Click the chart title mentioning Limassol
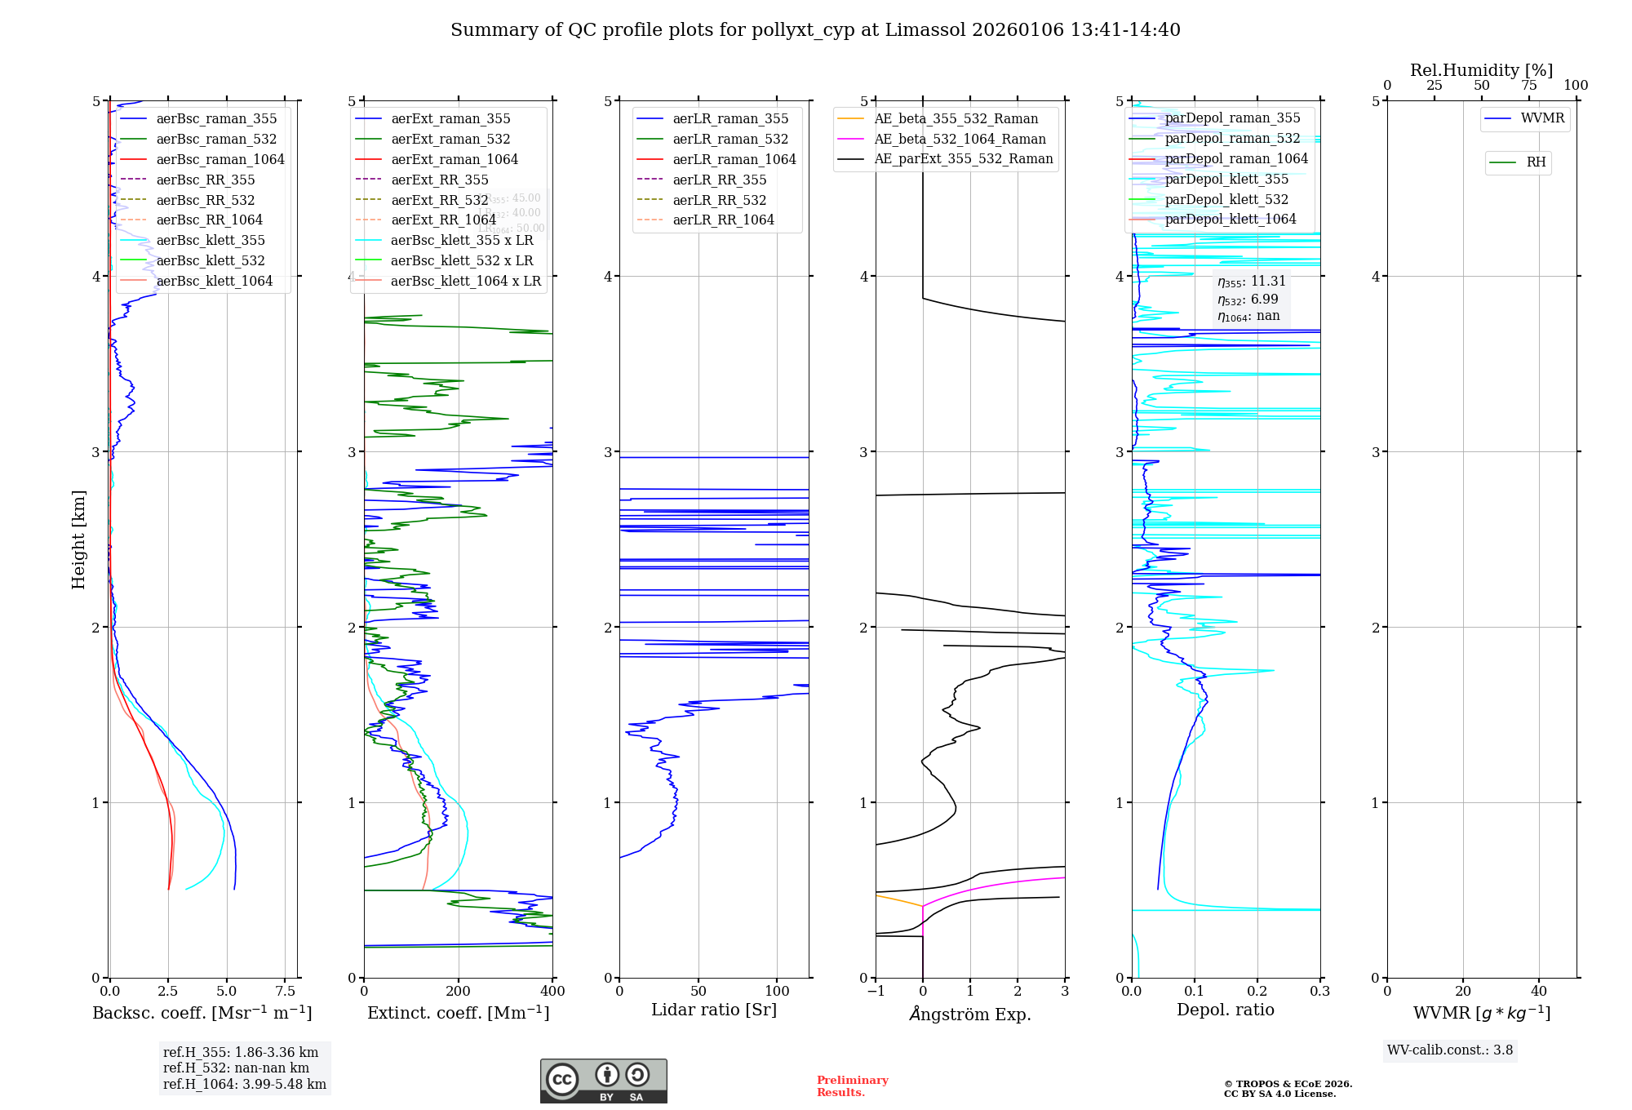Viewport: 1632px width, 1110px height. click(815, 30)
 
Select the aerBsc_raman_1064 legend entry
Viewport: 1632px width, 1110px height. click(220, 159)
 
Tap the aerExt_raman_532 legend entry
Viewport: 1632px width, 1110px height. click(450, 139)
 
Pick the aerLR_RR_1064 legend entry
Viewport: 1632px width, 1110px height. click(723, 220)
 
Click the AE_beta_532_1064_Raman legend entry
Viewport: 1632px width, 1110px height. click(960, 139)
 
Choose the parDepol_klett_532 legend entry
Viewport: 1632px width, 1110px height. click(1226, 199)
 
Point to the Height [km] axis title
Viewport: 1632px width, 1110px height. click(78, 539)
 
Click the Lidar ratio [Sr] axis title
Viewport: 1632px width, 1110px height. click(714, 1010)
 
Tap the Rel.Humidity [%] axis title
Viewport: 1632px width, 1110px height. click(1481, 70)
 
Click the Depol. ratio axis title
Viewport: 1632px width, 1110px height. click(1225, 1010)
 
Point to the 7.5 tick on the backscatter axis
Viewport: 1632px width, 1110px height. click(285, 991)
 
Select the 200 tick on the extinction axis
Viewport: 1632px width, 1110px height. click(459, 991)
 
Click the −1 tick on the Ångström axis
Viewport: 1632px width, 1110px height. click(876, 991)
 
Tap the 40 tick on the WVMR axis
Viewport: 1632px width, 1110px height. click(1539, 991)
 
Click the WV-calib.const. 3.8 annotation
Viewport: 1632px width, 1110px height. click(1450, 1050)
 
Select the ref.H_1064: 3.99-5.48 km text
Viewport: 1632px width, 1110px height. click(245, 1084)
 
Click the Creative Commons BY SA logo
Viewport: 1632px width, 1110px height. click(603, 1081)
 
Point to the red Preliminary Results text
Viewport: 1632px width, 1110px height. click(852, 1086)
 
